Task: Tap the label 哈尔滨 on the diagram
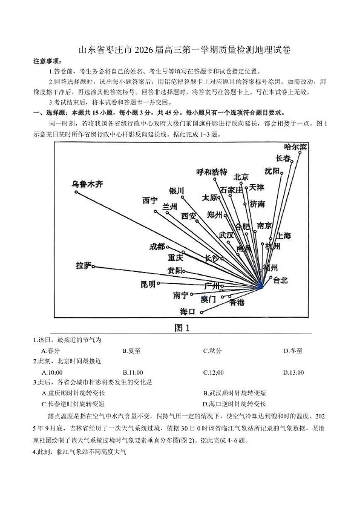(295, 147)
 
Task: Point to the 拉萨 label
(83, 265)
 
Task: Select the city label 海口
(187, 312)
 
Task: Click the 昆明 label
(148, 284)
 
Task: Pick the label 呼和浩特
(212, 172)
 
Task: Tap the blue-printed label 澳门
(208, 299)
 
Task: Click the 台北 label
(280, 280)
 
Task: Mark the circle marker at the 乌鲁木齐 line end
(76, 192)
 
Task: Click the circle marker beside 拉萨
(94, 267)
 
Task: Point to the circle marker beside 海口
(202, 312)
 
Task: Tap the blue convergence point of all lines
(260, 286)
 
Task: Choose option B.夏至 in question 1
(131, 351)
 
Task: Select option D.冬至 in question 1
(293, 351)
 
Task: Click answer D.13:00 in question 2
(293, 373)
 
